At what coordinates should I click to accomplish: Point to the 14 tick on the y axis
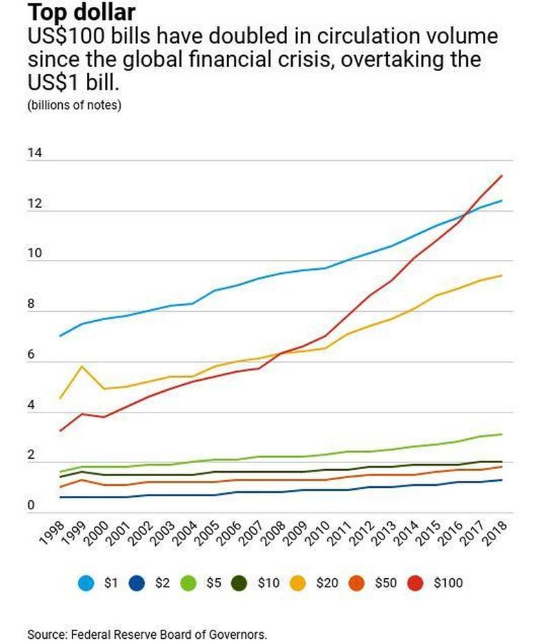pyautogui.click(x=34, y=153)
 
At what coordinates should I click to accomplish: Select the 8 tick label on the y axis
pyautogui.click(x=31, y=304)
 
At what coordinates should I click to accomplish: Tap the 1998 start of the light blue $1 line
pyautogui.click(x=61, y=336)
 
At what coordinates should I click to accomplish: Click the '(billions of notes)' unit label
pyautogui.click(x=75, y=106)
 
